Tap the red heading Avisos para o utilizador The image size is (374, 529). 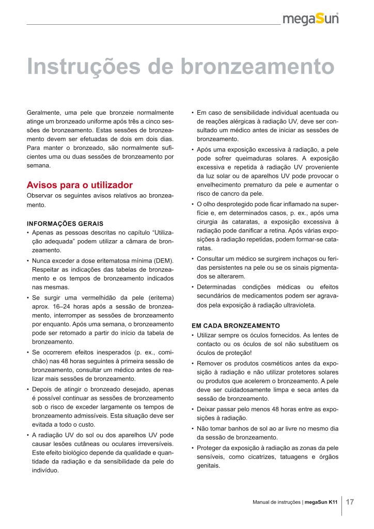80,185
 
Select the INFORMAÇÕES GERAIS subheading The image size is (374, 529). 65,225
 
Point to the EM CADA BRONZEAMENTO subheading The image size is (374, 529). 236,326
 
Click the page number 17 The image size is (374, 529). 350,502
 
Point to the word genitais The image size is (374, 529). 208,465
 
